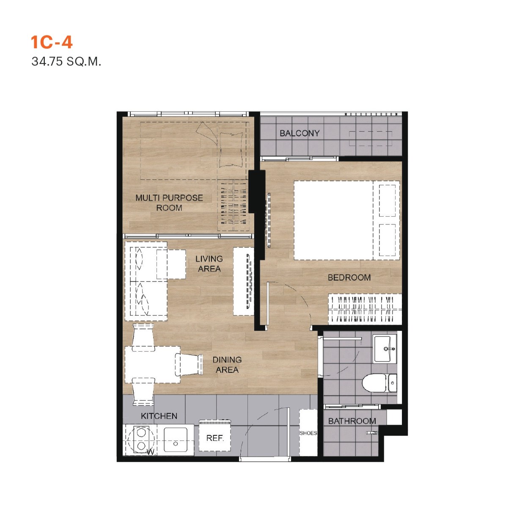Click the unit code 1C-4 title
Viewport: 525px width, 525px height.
pyautogui.click(x=52, y=42)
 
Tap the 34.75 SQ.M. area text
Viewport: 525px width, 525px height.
pyautogui.click(x=66, y=62)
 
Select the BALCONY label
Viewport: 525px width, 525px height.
pyautogui.click(x=300, y=133)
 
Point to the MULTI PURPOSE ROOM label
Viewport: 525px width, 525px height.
pyautogui.click(x=169, y=203)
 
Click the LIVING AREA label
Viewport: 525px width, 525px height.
pyautogui.click(x=209, y=264)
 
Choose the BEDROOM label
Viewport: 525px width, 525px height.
pyautogui.click(x=349, y=278)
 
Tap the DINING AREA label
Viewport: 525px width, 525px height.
pyautogui.click(x=227, y=365)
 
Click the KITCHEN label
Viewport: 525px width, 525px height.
pyautogui.click(x=159, y=416)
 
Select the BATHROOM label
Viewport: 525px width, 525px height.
pyautogui.click(x=352, y=421)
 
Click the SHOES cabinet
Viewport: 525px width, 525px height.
pyautogui.click(x=308, y=432)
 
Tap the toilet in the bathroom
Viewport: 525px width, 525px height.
pyautogui.click(x=379, y=383)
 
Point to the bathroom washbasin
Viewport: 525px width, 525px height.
pyautogui.click(x=385, y=349)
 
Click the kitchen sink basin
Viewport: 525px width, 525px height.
pyautogui.click(x=176, y=440)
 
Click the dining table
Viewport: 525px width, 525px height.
pyautogui.click(x=153, y=365)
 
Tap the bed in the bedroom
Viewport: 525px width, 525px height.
pyautogui.click(x=346, y=220)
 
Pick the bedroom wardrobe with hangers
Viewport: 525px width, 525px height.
pyautogui.click(x=365, y=309)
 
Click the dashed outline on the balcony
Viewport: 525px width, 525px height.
pyautogui.click(x=371, y=138)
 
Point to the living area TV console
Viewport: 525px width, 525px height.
pyautogui.click(x=244, y=281)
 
